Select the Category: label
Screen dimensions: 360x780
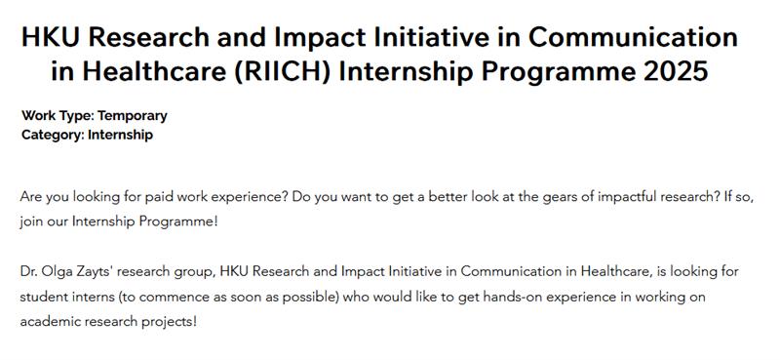[x=53, y=135]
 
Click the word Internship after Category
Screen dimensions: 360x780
[x=120, y=135]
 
